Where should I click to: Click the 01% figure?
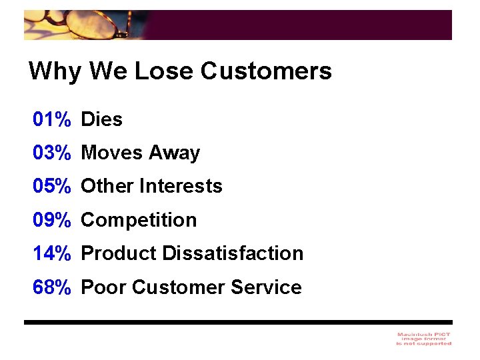point(52,120)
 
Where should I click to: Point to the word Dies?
point(102,120)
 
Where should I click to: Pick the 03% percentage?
point(52,153)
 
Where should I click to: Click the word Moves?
point(112,153)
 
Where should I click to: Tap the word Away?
point(174,154)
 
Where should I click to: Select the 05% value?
point(52,187)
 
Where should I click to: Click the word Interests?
point(181,187)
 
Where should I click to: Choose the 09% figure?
point(52,220)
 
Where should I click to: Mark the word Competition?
point(139,221)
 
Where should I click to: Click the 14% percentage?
point(52,254)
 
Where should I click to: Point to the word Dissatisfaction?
point(233,254)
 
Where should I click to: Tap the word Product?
point(119,254)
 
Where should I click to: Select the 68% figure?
point(52,288)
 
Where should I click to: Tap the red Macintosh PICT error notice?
point(423,339)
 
